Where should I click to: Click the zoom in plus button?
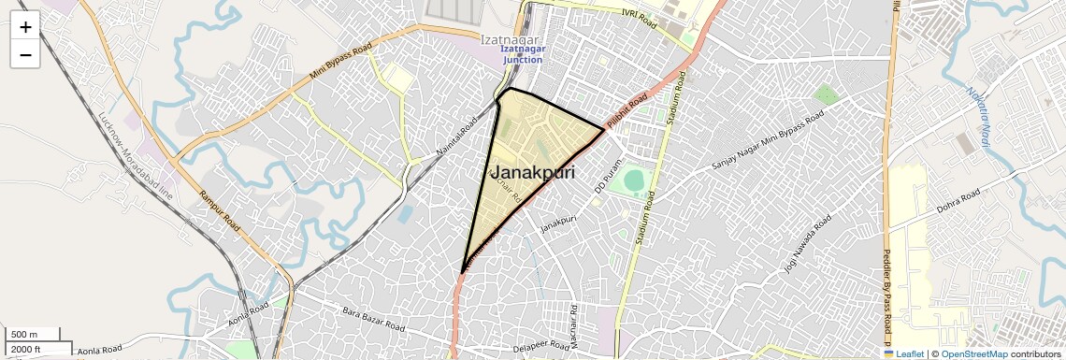25,26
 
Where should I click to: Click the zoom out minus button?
25,54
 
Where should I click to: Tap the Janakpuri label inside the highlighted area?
533,173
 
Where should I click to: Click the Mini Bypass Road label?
340,62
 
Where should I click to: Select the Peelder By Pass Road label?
885,290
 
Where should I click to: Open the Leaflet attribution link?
903,354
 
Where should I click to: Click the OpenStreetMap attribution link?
973,354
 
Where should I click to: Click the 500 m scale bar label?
24,335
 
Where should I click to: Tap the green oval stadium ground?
635,180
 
